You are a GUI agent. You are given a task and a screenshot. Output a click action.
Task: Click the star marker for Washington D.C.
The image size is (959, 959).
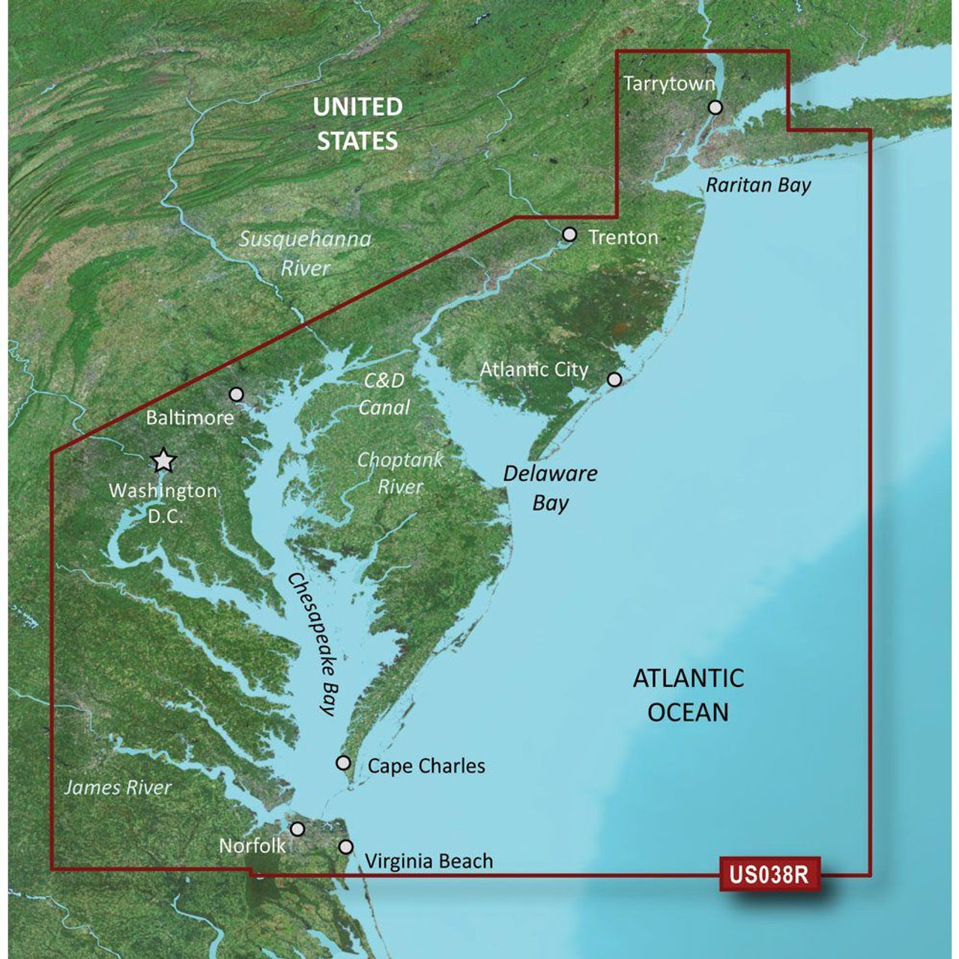click(x=163, y=461)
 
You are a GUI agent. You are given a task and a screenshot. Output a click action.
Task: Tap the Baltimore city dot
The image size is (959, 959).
click(x=237, y=394)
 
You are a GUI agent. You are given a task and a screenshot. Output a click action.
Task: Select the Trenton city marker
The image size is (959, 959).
click(x=569, y=235)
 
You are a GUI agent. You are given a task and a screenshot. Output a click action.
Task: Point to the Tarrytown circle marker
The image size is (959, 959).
click(x=716, y=107)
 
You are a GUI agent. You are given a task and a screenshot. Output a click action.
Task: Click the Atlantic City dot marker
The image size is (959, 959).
click(x=614, y=379)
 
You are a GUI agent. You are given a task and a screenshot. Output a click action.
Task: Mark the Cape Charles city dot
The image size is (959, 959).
click(x=343, y=763)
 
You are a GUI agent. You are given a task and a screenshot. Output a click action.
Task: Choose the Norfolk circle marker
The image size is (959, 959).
click(x=298, y=829)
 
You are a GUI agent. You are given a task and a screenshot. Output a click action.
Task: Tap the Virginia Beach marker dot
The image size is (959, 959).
click(x=346, y=847)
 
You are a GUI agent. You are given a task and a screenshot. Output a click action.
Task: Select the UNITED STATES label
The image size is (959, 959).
click(x=357, y=124)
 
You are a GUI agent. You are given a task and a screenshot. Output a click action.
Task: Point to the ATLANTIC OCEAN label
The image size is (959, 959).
click(x=688, y=695)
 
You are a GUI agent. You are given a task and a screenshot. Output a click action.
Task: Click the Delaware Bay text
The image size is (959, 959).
click(x=551, y=488)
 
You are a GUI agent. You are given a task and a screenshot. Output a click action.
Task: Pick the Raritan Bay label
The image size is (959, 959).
click(x=758, y=185)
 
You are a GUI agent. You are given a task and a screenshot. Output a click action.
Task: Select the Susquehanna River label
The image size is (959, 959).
click(x=305, y=253)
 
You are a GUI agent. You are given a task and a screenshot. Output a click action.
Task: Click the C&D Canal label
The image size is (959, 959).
click(x=384, y=393)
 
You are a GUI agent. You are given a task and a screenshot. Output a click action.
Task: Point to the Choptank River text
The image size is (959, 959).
click(x=401, y=473)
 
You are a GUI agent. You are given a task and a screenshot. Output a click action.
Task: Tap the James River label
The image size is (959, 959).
click(x=118, y=787)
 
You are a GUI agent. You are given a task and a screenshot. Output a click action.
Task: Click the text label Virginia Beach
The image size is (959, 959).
click(x=429, y=862)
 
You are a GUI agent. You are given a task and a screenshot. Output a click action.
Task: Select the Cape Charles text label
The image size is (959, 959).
click(x=426, y=766)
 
